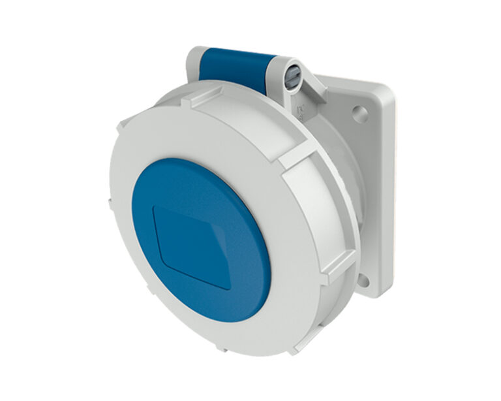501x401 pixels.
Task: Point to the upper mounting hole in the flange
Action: pos(360,116)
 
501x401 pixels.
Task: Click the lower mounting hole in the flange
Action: pos(363,281)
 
